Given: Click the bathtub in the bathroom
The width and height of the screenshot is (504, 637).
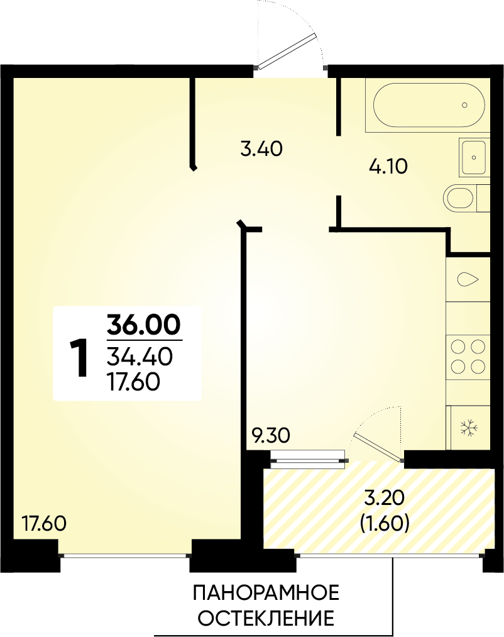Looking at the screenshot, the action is click(429, 105).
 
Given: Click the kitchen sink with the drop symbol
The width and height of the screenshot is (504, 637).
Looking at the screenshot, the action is click(468, 279).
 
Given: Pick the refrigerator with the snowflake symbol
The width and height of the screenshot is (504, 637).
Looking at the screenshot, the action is click(468, 428).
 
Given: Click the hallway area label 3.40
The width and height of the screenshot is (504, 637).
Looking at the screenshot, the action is click(261, 149).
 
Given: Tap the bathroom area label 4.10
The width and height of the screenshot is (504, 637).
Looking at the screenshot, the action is click(388, 167).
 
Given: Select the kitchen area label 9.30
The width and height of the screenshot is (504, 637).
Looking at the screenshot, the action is click(271, 436).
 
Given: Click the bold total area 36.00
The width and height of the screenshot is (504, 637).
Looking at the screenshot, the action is click(144, 325).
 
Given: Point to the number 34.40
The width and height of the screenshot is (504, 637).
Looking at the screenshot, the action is click(140, 357).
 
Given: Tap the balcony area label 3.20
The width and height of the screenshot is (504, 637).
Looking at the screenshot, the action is click(385, 498).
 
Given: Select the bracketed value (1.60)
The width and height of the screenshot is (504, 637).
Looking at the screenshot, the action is click(385, 524).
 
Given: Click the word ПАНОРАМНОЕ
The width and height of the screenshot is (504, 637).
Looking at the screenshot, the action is click(266, 594).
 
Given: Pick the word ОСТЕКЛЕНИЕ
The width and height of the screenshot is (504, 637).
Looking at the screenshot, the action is click(266, 619).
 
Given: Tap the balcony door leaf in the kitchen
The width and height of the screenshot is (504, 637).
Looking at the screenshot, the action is click(378, 447).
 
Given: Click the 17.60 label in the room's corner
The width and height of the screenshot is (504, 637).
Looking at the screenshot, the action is click(44, 523).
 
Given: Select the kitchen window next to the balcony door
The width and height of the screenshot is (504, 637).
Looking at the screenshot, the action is click(309, 457).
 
